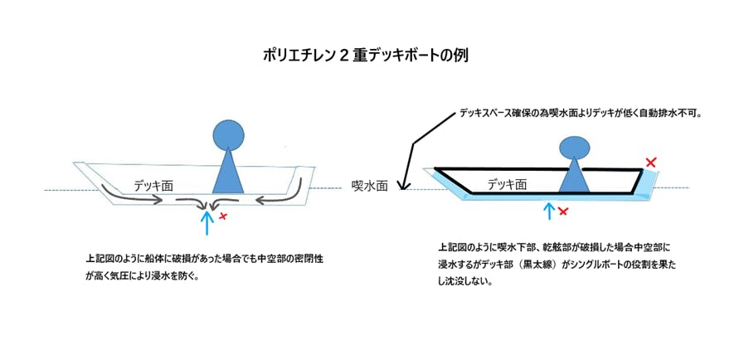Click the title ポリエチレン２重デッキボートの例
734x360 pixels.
367,56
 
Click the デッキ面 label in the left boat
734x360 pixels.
152,186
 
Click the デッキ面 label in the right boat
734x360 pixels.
506,185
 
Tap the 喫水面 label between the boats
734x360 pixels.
369,187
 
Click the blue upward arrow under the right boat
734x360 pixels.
547,211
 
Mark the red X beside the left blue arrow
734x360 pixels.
223,217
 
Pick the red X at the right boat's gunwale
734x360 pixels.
651,163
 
